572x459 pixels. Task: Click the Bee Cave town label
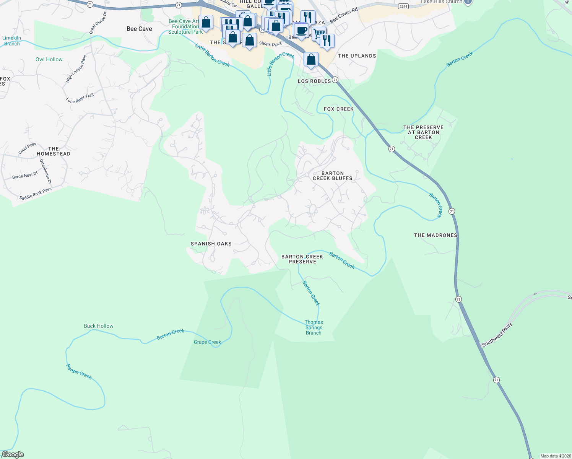139,29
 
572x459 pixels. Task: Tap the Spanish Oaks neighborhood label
211,244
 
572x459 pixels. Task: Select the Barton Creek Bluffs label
332,176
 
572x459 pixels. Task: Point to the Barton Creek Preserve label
302,259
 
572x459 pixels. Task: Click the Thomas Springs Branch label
314,327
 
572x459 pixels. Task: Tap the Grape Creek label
207,342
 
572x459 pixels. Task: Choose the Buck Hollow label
99,326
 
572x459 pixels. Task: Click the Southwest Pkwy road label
497,335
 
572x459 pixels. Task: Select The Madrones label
435,235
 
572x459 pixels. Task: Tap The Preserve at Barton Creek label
423,132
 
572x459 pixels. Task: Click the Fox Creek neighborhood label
339,109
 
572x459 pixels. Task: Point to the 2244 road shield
403,7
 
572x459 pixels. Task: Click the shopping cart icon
319,33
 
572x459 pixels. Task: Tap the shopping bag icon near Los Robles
311,60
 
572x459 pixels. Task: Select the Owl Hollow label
49,59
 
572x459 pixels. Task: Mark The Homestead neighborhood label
54,151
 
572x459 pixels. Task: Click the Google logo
13,454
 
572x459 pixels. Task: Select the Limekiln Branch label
11,41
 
